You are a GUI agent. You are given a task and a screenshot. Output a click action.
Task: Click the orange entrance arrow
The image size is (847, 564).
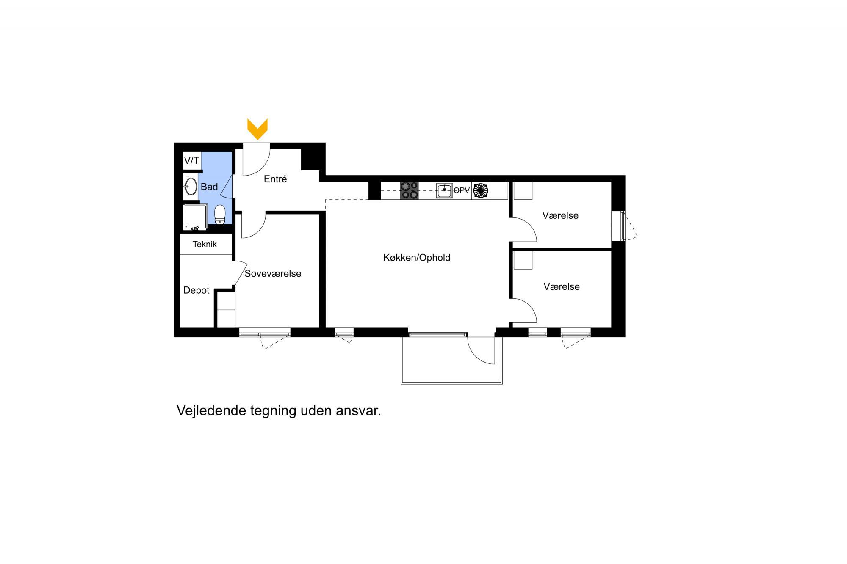pos(257,129)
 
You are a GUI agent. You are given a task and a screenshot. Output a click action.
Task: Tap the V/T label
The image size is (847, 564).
pos(191,161)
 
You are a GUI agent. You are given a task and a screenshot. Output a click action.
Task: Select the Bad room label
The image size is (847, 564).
pos(209,187)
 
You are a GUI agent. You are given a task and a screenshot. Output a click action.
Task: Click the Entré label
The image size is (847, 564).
pos(275,179)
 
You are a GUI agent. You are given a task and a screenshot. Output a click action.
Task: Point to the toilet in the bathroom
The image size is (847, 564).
pos(220,215)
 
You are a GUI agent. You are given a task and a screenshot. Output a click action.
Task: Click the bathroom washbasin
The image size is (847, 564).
pos(191,186)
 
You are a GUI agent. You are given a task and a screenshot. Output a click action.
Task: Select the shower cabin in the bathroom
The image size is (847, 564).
pos(195,217)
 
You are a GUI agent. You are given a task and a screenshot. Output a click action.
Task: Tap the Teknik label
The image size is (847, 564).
pos(205,244)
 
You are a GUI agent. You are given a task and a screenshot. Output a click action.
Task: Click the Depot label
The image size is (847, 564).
pos(197,290)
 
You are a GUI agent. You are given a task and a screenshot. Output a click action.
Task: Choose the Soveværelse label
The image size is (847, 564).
pos(273,273)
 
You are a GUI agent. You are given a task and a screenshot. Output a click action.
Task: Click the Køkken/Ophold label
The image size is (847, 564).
pos(417,257)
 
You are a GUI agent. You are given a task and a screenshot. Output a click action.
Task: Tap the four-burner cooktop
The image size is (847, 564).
pos(409,190)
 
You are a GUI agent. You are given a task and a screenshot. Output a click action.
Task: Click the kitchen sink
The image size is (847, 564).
pos(444,190)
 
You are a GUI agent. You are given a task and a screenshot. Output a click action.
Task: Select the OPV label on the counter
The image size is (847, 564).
pos(462,190)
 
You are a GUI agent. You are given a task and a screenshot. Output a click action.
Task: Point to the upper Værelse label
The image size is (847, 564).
pos(560,215)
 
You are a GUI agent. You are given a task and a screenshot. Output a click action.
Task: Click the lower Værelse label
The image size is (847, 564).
pos(562,286)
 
